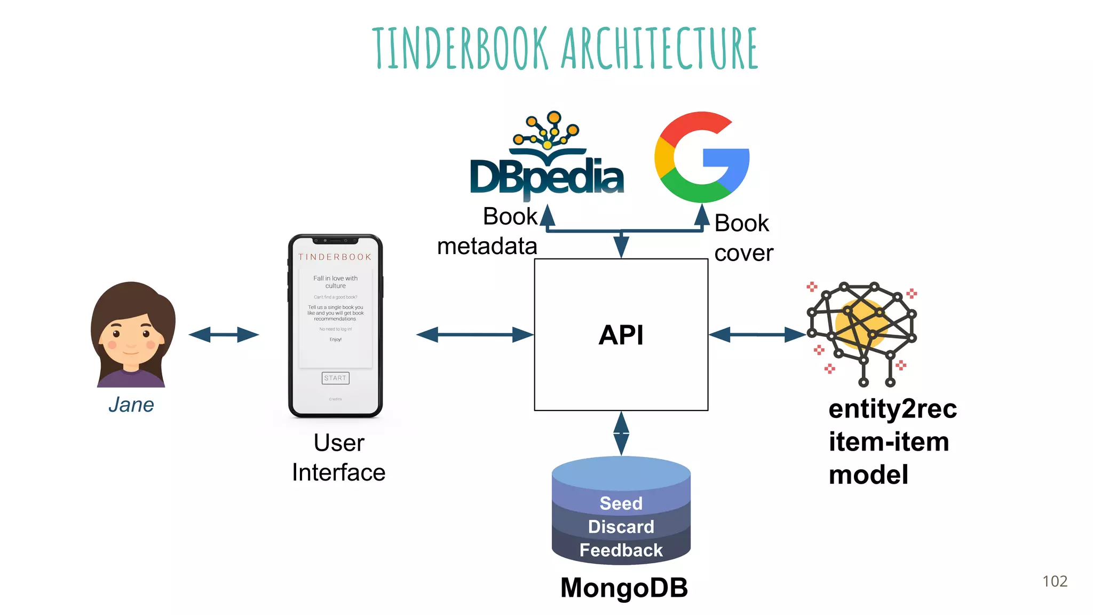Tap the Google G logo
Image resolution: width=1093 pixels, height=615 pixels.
[702, 157]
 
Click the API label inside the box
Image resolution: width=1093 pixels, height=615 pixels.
[621, 335]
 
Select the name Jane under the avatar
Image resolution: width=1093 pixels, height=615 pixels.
[131, 405]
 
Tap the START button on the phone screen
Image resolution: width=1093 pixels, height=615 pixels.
[335, 378]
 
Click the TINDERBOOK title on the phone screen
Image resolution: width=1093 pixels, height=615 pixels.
[335, 257]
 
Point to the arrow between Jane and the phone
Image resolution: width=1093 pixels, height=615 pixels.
[224, 335]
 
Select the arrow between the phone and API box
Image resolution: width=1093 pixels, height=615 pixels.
[474, 335]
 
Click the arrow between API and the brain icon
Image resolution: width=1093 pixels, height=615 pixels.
[757, 335]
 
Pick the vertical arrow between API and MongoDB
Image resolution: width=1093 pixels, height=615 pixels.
[621, 433]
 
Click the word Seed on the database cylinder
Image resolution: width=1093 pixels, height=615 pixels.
[621, 503]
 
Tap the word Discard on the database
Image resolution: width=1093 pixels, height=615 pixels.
[621, 527]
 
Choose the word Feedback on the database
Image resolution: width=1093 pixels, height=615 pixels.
[621, 550]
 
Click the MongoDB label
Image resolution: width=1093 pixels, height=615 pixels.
[624, 588]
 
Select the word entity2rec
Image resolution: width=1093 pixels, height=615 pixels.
[893, 409]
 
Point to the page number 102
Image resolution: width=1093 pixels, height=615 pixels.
[1055, 581]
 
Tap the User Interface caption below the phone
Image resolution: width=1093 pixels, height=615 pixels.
[339, 458]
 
